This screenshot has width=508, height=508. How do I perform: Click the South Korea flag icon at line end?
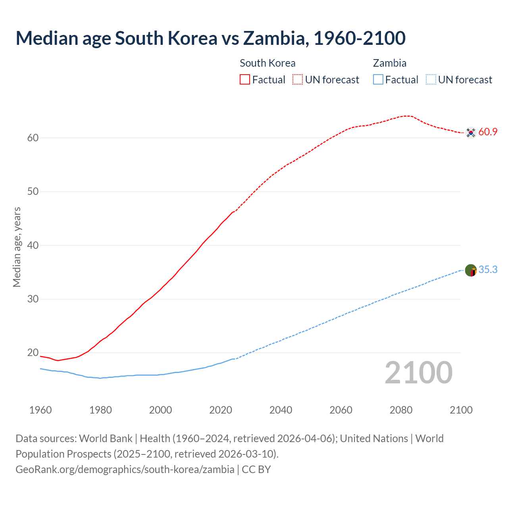(x=471, y=133)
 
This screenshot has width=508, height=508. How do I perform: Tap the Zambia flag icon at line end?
(x=471, y=270)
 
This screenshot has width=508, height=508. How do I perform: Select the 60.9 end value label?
(x=488, y=132)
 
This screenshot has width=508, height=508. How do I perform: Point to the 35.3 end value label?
(x=488, y=270)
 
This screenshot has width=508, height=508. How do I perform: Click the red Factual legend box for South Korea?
(x=245, y=80)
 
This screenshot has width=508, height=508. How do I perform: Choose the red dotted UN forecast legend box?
(x=298, y=80)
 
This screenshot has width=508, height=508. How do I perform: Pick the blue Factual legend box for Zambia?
(x=378, y=80)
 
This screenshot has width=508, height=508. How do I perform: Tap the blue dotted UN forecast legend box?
(x=431, y=80)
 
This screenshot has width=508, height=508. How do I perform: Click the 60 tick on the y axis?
(x=33, y=138)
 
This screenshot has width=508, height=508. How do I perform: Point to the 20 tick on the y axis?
(x=33, y=353)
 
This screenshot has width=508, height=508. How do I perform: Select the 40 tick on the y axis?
(x=33, y=245)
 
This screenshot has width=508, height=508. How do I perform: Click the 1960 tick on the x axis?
(x=40, y=410)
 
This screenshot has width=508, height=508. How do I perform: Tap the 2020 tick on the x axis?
(x=221, y=410)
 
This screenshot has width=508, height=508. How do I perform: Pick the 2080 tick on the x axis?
(x=401, y=410)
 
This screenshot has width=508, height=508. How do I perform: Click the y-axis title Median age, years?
(x=17, y=247)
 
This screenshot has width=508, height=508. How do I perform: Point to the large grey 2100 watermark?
(x=419, y=373)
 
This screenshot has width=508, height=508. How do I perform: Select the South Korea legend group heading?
(x=267, y=63)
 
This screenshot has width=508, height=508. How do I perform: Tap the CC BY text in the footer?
(x=256, y=470)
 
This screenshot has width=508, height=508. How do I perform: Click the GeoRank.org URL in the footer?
(x=125, y=470)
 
